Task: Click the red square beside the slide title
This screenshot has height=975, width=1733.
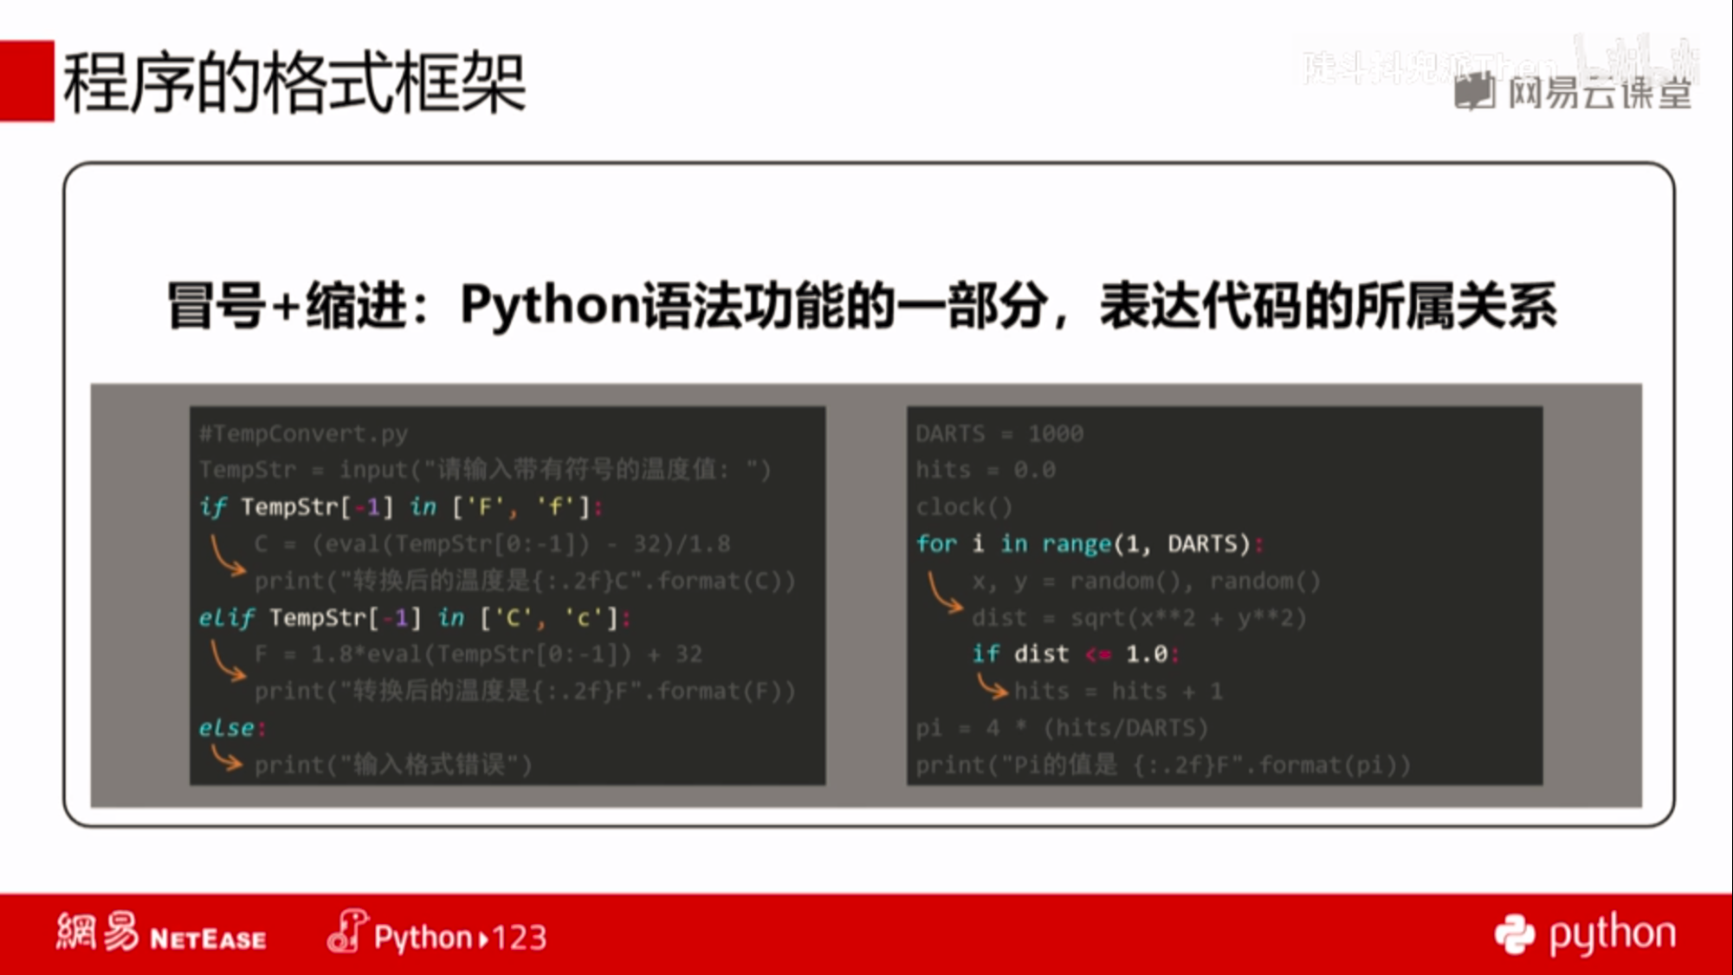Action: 27,81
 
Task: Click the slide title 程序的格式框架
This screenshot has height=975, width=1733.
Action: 294,83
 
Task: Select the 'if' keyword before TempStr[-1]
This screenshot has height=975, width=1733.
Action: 213,507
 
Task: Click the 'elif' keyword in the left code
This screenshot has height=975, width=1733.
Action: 226,618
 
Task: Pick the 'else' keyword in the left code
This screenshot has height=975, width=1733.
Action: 226,728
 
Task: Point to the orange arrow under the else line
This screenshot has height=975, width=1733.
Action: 227,761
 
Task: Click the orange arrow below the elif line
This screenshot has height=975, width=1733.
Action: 228,661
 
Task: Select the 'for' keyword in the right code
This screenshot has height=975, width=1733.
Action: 936,544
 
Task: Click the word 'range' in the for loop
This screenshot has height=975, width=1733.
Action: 1076,544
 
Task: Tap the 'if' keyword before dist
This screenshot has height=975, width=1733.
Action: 986,654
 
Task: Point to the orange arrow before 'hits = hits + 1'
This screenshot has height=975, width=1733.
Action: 992,689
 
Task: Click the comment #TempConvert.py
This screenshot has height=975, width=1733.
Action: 303,433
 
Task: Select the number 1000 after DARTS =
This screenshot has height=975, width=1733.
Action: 1055,433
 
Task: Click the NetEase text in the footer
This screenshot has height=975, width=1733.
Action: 208,939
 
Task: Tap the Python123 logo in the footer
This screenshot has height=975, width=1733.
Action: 437,935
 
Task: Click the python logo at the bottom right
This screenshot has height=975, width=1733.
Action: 1585,934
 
